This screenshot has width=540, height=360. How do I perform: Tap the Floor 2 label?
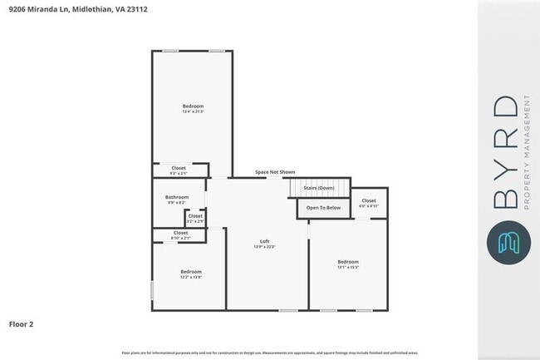pos(21,323)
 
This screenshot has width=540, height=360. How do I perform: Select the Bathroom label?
pos(177,197)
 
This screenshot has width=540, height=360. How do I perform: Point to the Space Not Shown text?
pos(274,172)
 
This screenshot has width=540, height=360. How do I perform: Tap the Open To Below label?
pos(323,207)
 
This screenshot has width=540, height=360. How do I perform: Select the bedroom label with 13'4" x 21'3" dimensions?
pos(193,106)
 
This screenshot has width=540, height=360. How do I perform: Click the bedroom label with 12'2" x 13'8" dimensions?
pos(191,271)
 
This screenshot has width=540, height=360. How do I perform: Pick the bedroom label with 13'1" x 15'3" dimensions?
pos(348,262)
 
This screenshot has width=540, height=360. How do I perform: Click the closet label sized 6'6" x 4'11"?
pos(369,200)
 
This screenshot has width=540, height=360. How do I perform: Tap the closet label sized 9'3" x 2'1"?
pos(179,168)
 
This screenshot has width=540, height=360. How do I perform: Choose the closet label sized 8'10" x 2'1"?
pos(180,233)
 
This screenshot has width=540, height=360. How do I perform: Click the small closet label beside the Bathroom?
pos(195,216)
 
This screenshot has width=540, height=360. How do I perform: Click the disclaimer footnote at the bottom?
pos(269,352)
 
